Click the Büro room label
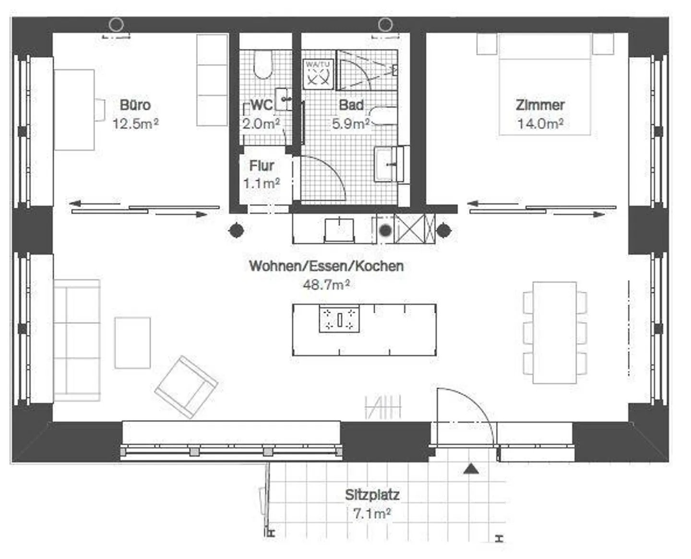(135, 105)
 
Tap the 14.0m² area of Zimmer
(540, 124)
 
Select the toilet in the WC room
(262, 66)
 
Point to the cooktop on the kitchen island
(339, 319)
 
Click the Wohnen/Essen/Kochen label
(326, 266)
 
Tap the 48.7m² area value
(326, 285)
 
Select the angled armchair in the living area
(186, 386)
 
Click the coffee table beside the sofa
(132, 343)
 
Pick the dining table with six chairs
(554, 333)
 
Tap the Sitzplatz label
(372, 495)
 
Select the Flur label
(262, 166)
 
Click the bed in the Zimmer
(544, 84)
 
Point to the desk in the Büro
(74, 110)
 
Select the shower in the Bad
(367, 70)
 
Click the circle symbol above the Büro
(116, 24)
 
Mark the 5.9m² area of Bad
(351, 124)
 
